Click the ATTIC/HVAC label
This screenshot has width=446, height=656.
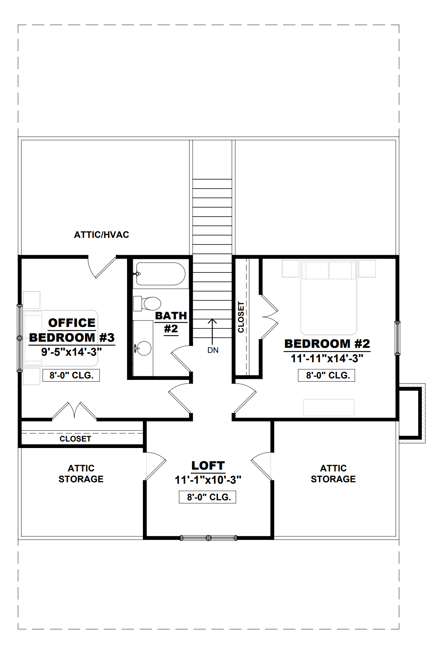101,235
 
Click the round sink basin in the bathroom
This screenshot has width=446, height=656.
144,349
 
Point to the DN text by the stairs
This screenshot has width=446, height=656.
213,350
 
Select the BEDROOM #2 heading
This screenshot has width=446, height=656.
327,344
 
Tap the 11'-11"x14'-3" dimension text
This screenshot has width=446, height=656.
327,358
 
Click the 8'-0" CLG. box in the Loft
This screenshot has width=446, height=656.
207,497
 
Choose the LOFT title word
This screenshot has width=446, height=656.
208,466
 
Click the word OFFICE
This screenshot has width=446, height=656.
72,323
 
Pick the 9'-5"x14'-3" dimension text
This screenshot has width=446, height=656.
71,352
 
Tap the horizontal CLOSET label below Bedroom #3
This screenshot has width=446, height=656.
75,439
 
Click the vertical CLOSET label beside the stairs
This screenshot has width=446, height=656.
241,317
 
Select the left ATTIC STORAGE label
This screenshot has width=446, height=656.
81,474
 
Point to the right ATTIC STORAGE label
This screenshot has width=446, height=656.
333,474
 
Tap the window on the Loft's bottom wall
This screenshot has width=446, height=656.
209,538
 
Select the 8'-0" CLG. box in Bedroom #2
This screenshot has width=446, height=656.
327,375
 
